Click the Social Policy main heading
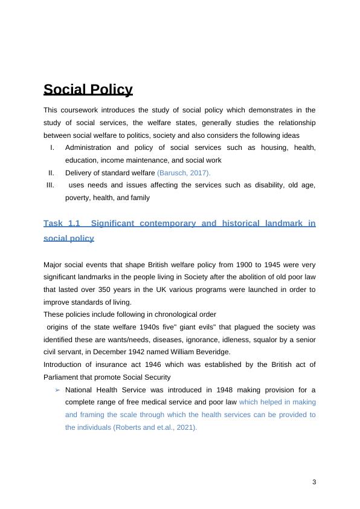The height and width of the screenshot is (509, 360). (88, 90)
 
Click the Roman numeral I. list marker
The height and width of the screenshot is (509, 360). (53, 148)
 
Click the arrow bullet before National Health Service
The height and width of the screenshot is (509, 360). (57, 389)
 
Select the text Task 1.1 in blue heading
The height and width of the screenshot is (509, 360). (62, 223)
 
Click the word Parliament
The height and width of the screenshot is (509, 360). (60, 377)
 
